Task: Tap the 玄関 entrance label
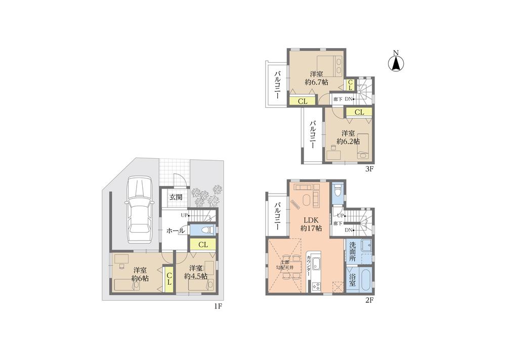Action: pyautogui.click(x=176, y=197)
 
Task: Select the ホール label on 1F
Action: pyautogui.click(x=175, y=231)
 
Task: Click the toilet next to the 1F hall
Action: pyautogui.click(x=205, y=230)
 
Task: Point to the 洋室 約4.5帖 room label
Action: pyautogui.click(x=195, y=272)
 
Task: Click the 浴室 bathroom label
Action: pyautogui.click(x=352, y=281)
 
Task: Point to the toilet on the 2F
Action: pyautogui.click(x=339, y=191)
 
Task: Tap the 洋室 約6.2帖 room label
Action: pyautogui.click(x=350, y=137)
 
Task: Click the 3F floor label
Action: pyautogui.click(x=369, y=169)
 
